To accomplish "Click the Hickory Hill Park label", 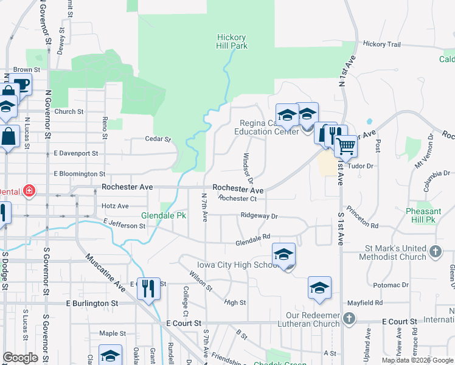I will pos(231,41).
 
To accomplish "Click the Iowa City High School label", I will pos(238,265).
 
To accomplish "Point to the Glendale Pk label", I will pos(163,216).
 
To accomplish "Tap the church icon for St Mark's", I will pos(436,251).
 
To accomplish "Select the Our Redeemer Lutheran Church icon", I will pos(349,318).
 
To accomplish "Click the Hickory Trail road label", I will pos(382,44).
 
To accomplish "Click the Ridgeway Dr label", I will pos(259,216).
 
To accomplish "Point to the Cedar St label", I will pos(158,139).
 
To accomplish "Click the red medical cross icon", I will pos(29,191).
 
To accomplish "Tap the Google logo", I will pos(20,358).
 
